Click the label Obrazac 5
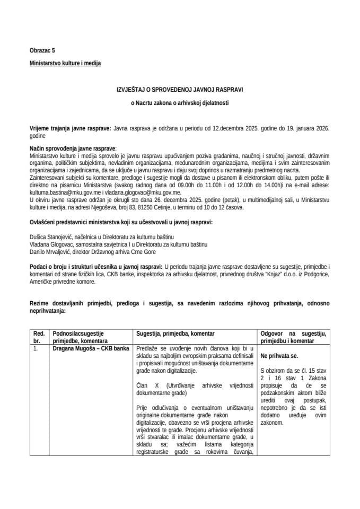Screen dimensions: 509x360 coord(42,50)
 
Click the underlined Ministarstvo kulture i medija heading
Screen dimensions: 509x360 coord(65,63)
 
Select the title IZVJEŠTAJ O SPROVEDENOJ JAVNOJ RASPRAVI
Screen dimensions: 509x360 coord(180,90)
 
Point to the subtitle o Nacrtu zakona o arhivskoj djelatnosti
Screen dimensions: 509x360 coord(180,103)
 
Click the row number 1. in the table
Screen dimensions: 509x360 coord(35,349)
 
